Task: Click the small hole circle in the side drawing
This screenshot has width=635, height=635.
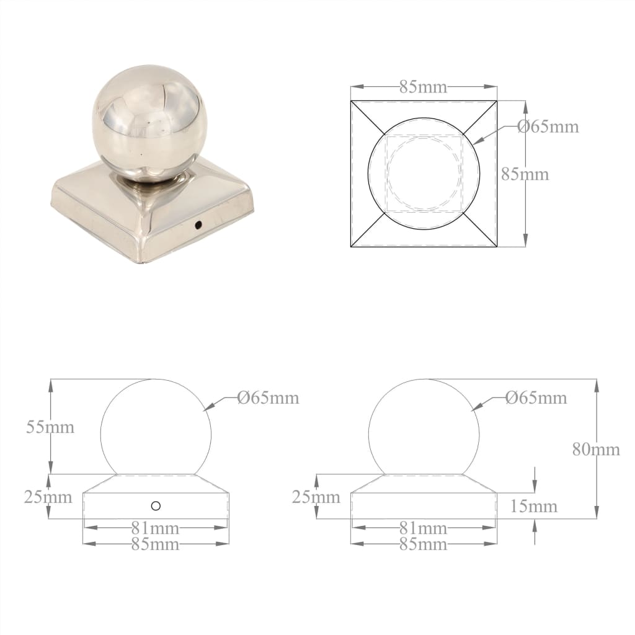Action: (156, 506)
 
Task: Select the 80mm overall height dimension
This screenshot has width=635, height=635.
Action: (595, 450)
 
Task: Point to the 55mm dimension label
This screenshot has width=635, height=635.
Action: (50, 427)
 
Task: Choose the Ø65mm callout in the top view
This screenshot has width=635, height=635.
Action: (548, 127)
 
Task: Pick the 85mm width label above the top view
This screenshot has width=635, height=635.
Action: (423, 87)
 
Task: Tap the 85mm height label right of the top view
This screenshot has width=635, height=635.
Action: (525, 174)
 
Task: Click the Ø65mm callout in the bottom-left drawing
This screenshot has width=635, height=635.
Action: (268, 397)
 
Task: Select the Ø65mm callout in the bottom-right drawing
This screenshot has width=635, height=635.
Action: (536, 397)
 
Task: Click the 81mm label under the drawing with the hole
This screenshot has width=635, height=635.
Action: (155, 528)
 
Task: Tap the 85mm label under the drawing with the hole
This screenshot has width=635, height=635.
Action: (155, 544)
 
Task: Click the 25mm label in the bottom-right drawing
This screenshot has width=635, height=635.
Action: (316, 497)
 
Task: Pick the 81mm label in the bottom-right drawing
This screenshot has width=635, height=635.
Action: (423, 528)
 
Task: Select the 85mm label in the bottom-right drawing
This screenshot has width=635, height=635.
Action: (423, 544)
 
